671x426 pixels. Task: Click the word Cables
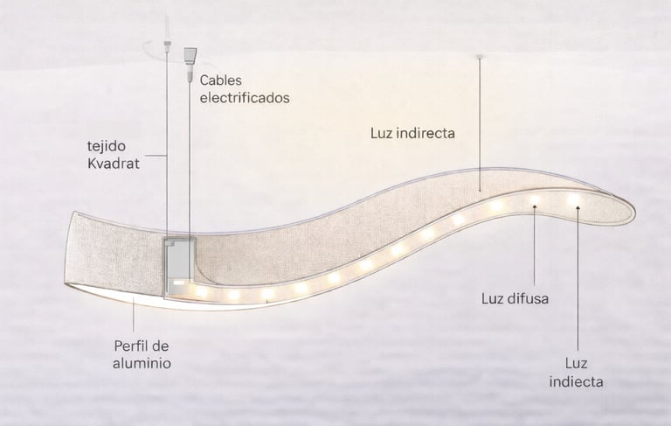[222, 80]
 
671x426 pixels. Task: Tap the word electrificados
[245, 98]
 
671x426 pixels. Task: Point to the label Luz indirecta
[414, 134]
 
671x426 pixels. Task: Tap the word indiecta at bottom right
[576, 381]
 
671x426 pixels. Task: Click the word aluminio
[142, 361]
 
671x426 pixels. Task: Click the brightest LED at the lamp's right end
[574, 200]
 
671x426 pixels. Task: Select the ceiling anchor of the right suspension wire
[479, 59]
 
